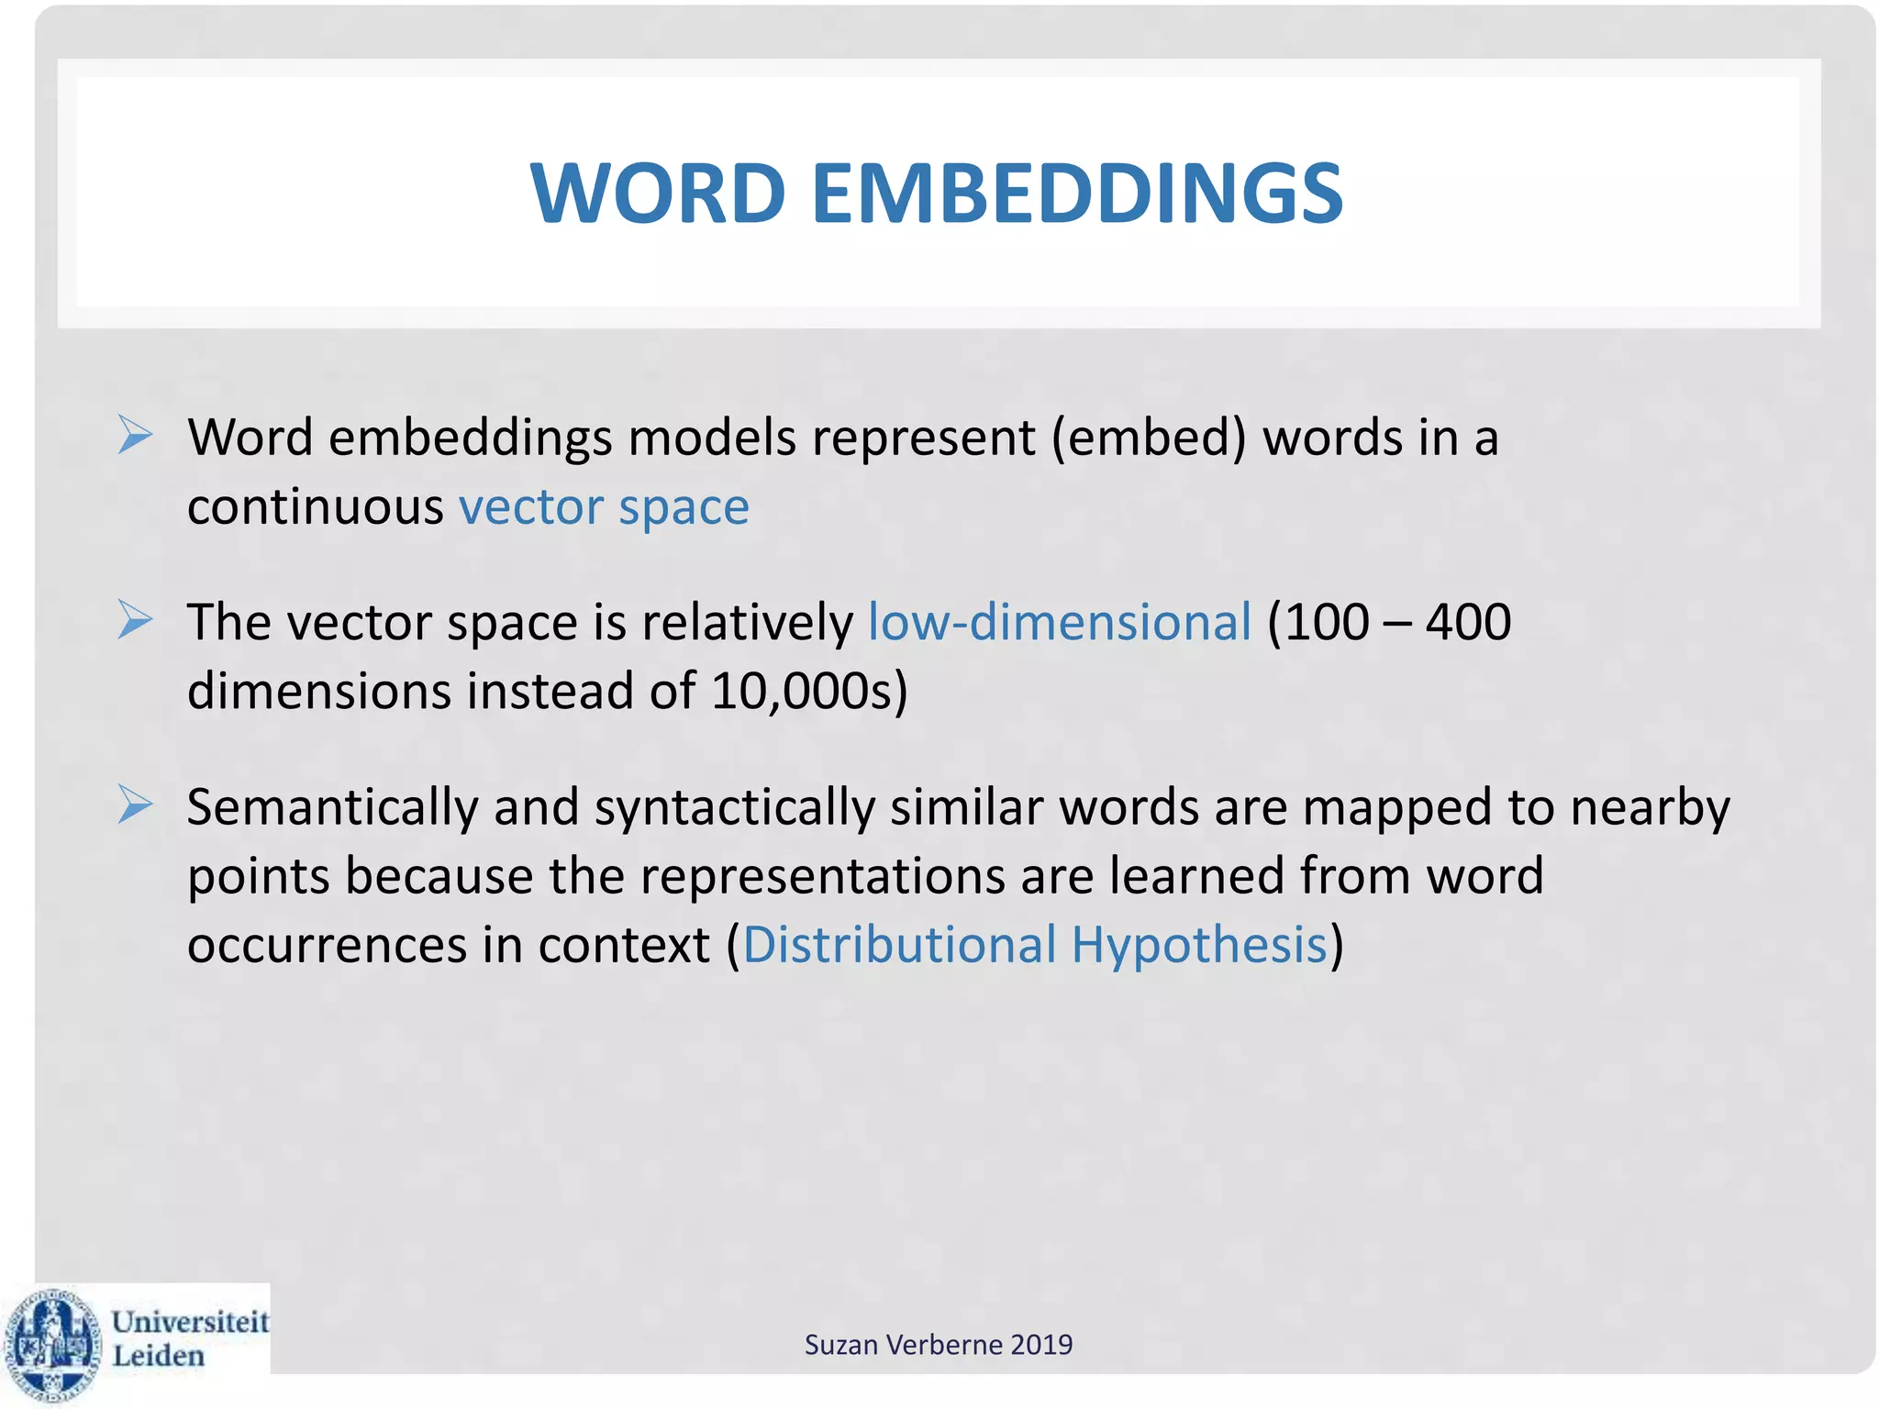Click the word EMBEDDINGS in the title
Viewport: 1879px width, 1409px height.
(1077, 194)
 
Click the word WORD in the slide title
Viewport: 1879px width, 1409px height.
(658, 194)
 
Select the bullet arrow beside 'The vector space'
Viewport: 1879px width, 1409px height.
(135, 620)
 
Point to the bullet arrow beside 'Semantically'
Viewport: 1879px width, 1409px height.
(135, 805)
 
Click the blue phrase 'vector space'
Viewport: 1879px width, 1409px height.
(604, 507)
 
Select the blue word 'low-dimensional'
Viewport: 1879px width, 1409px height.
(1060, 622)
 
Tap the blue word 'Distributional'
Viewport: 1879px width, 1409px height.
(899, 945)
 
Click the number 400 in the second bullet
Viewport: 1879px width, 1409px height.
(1468, 622)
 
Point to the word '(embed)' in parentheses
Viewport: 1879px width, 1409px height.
(1149, 438)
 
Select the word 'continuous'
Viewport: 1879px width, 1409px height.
(315, 507)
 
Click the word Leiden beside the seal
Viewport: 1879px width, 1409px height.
(158, 1356)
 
